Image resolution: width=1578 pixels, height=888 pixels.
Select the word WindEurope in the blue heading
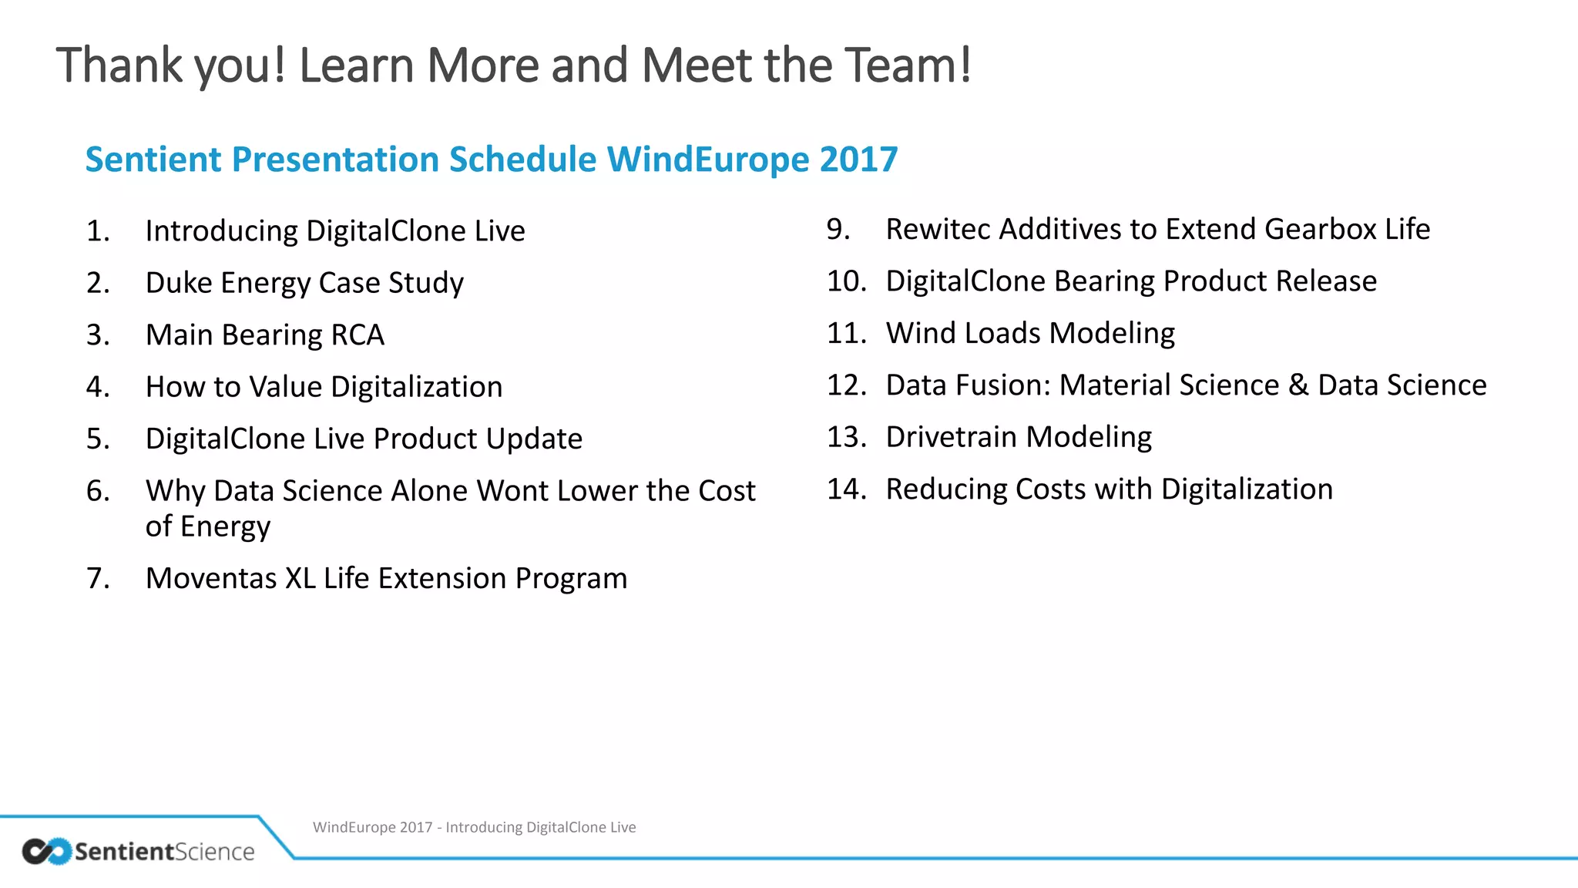(708, 160)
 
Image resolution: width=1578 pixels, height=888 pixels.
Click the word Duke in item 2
(178, 283)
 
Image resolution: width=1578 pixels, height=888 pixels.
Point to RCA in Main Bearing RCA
(358, 335)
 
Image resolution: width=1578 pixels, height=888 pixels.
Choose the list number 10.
(846, 281)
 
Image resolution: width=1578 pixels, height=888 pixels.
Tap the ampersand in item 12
(1298, 385)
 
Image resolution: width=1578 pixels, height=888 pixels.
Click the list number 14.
(846, 489)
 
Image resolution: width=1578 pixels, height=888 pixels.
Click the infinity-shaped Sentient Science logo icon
(46, 851)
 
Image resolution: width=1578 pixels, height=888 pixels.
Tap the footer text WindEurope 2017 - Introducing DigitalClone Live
(474, 827)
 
